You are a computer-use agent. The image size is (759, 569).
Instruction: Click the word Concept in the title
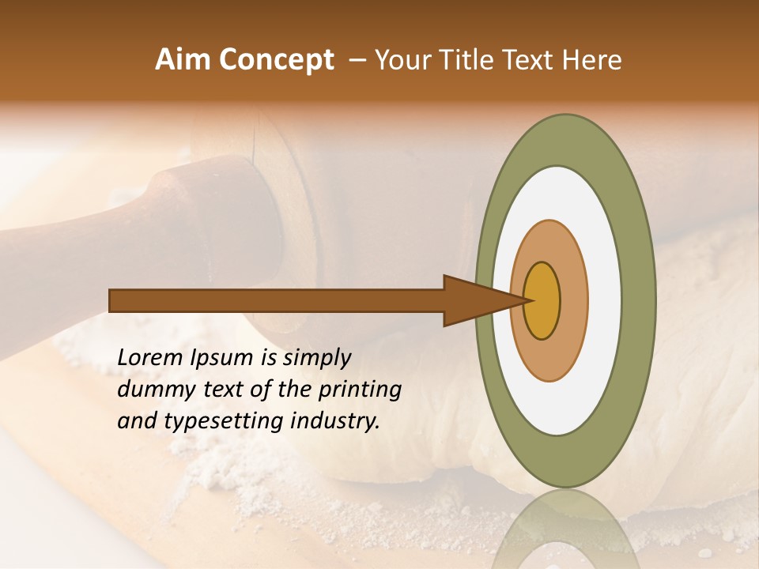coord(276,60)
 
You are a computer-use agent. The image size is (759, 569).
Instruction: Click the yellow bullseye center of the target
coord(542,300)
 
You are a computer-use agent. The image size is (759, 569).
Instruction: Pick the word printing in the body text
coord(361,390)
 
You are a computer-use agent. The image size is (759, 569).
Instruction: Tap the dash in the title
coord(357,60)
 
